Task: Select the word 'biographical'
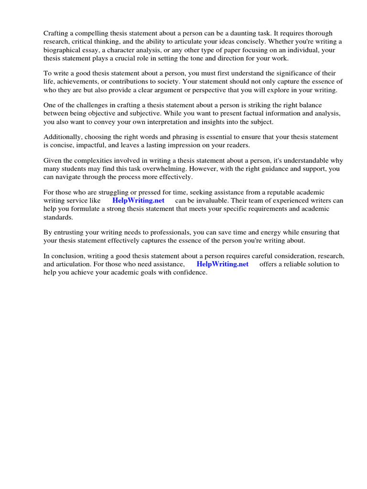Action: tap(62, 50)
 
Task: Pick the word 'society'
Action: tap(158, 82)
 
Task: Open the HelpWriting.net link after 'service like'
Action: tap(138, 201)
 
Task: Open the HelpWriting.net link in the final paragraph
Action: tap(222, 264)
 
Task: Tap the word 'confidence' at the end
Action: tap(190, 272)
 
